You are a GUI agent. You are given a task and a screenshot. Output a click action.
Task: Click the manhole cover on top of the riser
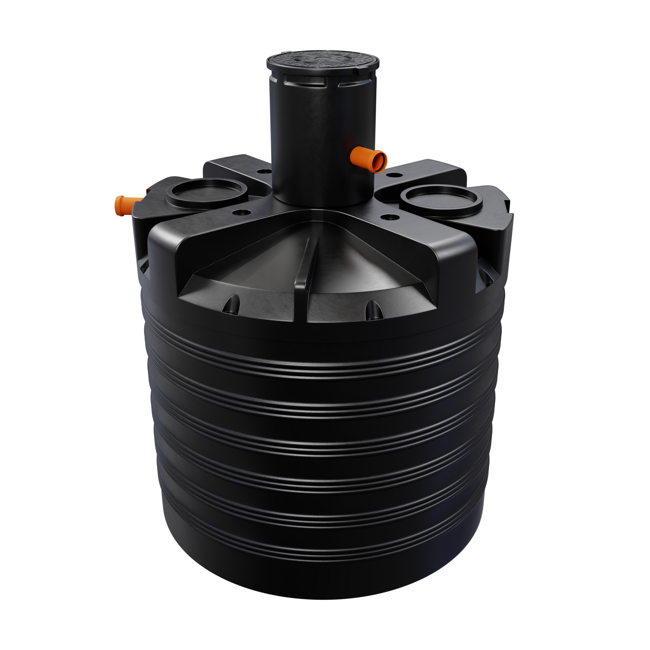(323, 63)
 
